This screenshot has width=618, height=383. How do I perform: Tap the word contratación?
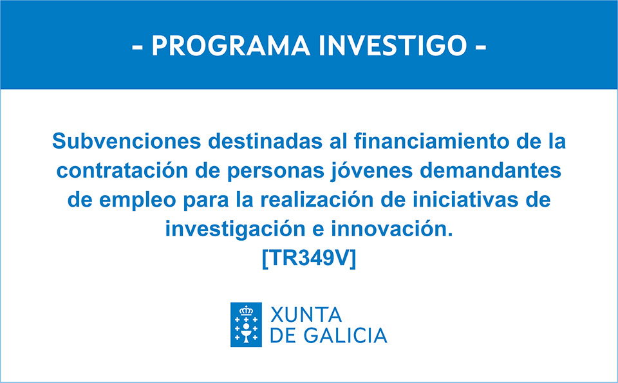point(117,171)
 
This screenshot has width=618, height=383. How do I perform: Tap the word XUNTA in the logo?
point(306,315)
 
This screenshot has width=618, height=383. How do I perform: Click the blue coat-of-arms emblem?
point(246,324)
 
